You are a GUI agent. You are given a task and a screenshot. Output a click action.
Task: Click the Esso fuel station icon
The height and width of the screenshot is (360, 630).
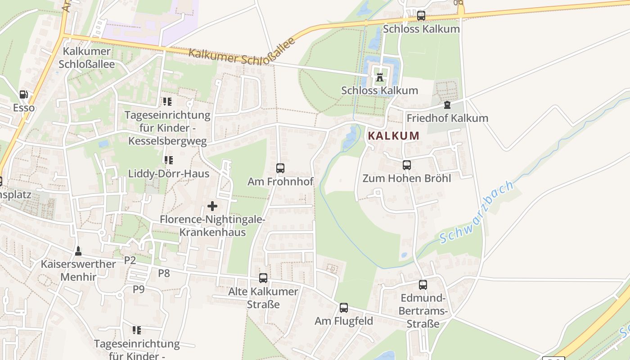coord(23,94)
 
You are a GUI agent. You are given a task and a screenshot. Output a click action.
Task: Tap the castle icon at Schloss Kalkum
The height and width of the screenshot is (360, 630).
coord(380,77)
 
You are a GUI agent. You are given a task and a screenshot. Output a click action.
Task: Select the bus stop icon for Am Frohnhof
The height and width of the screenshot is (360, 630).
coord(280,168)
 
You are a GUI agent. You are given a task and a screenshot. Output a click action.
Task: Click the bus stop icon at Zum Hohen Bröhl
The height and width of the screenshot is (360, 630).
coord(407,165)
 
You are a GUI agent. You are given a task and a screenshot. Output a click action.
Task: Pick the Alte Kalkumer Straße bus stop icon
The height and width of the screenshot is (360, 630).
coord(263,278)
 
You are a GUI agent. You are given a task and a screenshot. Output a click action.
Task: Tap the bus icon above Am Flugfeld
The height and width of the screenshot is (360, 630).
coord(344,308)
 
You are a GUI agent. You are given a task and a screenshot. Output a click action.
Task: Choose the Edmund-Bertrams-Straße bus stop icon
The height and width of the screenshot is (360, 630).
coord(423,284)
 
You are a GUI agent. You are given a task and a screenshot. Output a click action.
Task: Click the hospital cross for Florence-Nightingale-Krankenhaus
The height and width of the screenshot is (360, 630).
coord(212,207)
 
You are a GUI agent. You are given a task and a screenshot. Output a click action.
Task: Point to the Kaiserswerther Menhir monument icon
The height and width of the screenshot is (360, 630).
coord(78,251)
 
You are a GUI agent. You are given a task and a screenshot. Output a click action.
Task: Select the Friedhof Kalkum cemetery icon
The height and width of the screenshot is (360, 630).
coord(447,105)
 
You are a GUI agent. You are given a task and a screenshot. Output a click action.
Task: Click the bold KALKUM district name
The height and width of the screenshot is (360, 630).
coord(394,135)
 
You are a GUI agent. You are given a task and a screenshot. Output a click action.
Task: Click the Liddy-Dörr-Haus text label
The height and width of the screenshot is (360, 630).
coord(169,174)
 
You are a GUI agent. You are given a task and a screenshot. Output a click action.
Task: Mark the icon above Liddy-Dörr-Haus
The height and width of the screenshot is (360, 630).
coord(169,160)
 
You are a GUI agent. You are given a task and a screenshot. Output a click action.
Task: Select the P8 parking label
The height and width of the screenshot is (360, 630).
coord(164,273)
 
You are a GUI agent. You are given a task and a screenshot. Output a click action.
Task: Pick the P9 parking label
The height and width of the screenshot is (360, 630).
coord(139,289)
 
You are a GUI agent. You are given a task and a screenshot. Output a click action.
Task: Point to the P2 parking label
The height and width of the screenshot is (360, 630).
coord(130,260)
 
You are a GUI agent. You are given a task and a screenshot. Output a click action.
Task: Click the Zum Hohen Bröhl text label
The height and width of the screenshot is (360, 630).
coord(407,178)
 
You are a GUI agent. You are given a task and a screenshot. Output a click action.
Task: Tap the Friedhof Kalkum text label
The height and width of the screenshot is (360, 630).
coord(447,118)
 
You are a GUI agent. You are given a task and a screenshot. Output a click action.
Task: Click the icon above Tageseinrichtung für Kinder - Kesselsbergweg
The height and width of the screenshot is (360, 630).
coord(167,102)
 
